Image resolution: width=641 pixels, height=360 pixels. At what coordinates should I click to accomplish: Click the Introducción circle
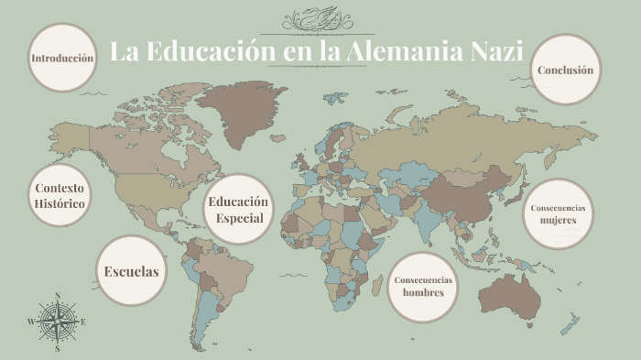(62, 58)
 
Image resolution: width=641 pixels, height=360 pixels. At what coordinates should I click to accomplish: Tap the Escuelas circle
(132, 271)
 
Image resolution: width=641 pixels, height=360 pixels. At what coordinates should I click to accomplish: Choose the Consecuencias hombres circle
(423, 287)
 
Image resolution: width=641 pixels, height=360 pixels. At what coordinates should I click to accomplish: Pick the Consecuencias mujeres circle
(558, 213)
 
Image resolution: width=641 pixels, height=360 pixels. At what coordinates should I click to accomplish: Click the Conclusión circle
(565, 70)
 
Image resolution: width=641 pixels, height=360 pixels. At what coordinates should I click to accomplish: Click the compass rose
(57, 322)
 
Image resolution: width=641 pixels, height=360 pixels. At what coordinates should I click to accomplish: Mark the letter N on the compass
(58, 296)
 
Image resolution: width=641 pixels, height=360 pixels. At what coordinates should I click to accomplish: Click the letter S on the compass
(58, 348)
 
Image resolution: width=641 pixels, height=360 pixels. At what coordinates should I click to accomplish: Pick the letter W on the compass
(31, 322)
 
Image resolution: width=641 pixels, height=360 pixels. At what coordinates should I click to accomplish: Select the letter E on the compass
(83, 322)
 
